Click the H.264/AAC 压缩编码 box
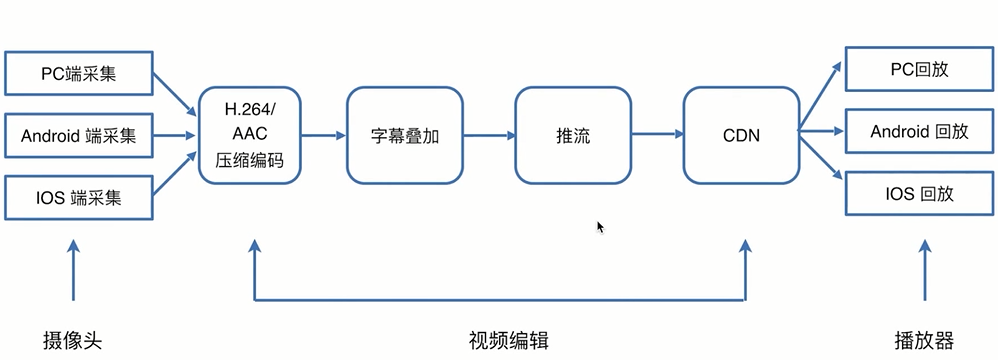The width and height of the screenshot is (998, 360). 250,135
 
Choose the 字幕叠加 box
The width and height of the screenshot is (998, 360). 405,135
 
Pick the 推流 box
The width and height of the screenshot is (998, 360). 573,135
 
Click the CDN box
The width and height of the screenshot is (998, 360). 741,135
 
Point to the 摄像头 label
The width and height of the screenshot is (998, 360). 73,339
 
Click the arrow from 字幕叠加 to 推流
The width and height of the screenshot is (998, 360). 490,135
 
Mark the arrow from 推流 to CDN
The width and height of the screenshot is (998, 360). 658,135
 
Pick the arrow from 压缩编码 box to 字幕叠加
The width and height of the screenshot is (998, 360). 323,135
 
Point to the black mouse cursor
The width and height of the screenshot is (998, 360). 600,227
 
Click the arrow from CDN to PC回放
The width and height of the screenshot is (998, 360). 820,95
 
